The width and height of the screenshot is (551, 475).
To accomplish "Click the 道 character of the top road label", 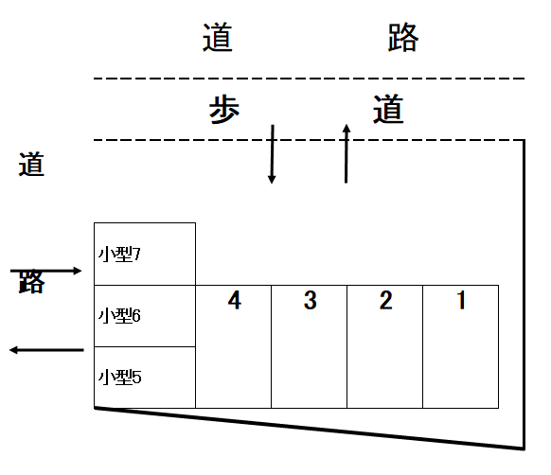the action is (217, 37).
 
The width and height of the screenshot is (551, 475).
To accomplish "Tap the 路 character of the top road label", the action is (403, 37).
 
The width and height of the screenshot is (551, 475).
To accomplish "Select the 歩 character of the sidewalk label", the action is (224, 110).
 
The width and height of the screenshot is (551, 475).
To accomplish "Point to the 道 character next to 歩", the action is (388, 109).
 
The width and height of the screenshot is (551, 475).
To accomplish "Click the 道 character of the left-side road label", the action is (31, 164).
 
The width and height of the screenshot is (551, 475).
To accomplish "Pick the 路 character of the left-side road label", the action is (31, 282).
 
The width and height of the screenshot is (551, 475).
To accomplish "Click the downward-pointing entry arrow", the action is (272, 154).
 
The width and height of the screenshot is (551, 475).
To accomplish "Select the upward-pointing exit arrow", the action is (347, 153).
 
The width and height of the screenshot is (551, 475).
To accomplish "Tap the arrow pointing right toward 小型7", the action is (45, 271).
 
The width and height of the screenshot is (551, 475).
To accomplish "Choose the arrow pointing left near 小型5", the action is (46, 350).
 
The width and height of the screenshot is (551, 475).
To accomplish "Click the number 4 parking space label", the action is (235, 300).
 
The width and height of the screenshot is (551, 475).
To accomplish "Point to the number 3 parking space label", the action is (311, 300).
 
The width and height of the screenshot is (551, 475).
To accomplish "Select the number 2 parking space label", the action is (386, 300).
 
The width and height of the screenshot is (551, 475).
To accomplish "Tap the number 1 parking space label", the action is (461, 300).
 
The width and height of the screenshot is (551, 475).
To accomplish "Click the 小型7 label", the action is (119, 254).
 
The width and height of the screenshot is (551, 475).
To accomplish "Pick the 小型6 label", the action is (119, 315).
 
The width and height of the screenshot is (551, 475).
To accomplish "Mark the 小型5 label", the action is (120, 377).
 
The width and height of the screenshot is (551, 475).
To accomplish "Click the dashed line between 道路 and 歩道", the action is (310, 79).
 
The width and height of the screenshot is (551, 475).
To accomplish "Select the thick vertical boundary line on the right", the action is (524, 294).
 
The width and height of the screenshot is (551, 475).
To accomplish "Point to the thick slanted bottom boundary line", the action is (310, 428).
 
